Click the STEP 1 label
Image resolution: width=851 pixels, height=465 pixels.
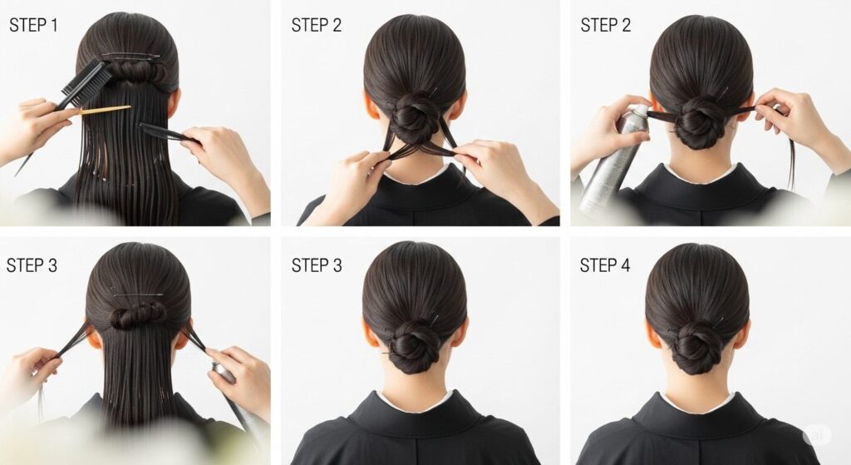click(33, 25)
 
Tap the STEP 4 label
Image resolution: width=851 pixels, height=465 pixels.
click(605, 265)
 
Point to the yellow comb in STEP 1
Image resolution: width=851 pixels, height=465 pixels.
click(105, 111)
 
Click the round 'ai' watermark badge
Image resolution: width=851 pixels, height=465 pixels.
click(817, 434)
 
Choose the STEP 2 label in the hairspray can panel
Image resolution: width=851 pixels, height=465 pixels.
click(605, 25)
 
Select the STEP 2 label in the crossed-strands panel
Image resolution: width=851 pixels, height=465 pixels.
click(317, 25)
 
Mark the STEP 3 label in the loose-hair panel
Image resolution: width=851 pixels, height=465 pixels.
click(32, 265)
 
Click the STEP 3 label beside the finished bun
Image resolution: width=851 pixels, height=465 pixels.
click(317, 265)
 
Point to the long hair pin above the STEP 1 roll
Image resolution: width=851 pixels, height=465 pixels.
click(130, 56)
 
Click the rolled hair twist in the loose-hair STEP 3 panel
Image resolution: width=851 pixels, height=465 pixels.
click(139, 315)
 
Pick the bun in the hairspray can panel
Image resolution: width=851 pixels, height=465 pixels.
click(699, 123)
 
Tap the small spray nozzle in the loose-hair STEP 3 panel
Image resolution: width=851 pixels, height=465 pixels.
click(224, 373)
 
